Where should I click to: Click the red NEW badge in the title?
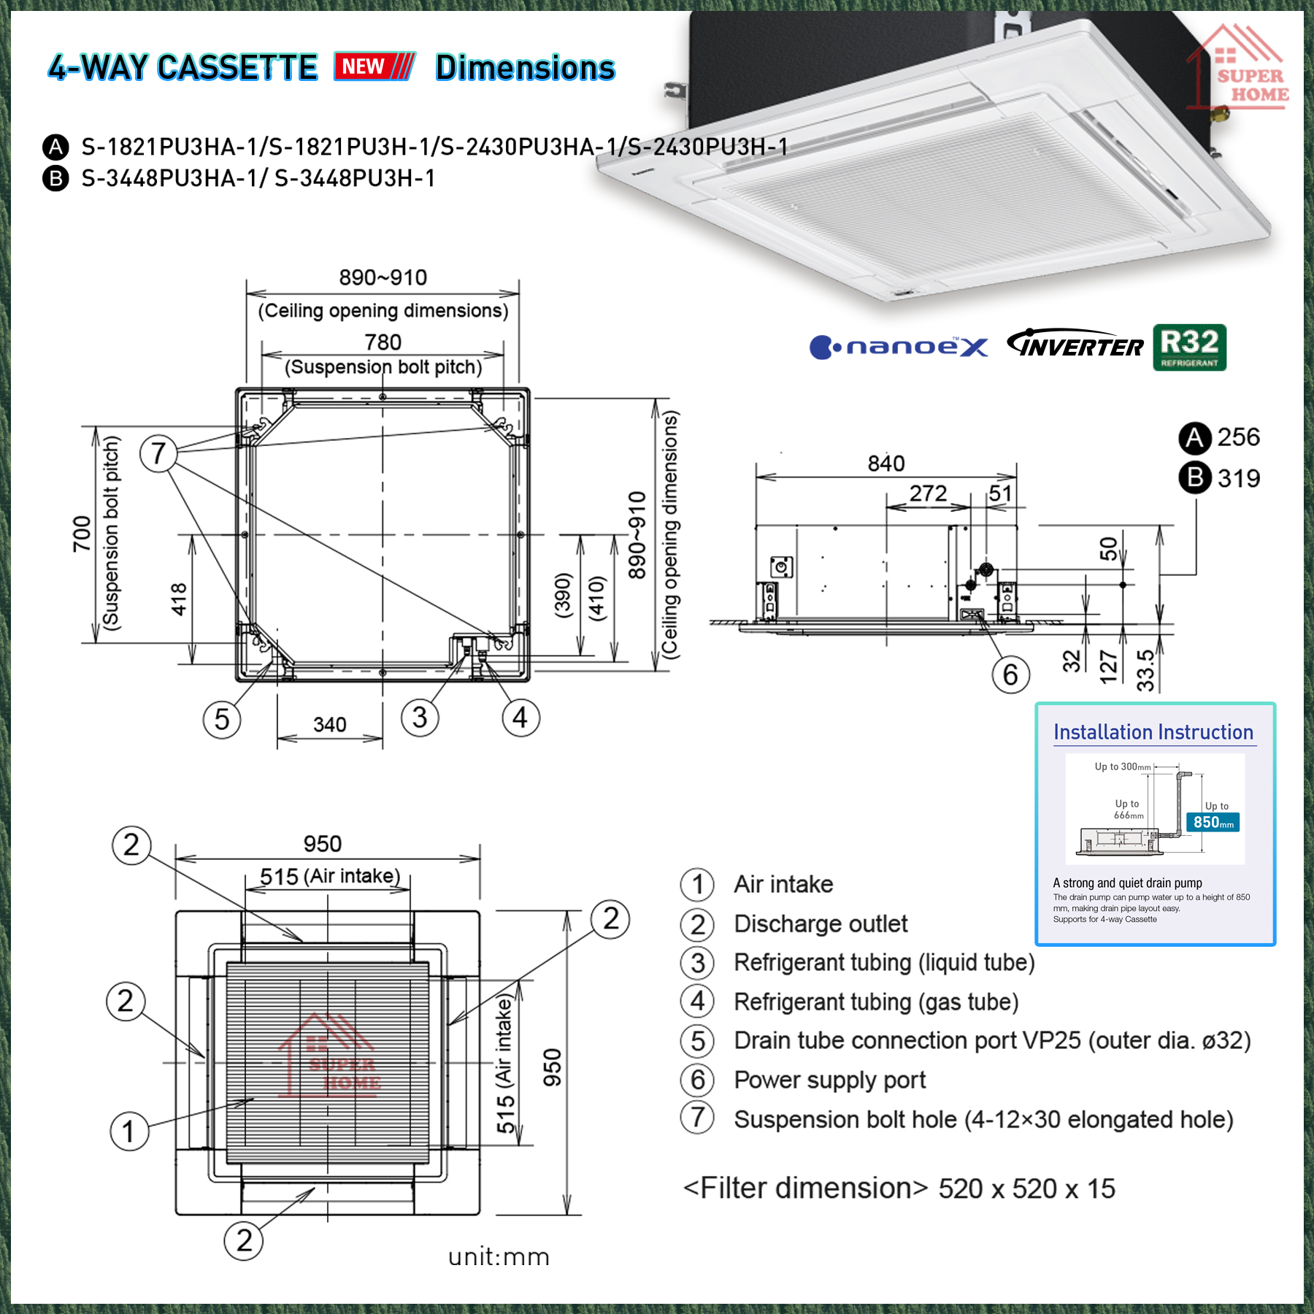(374, 66)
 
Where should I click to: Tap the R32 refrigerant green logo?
(1189, 347)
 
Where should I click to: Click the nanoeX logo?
(899, 347)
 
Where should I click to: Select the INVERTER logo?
(1075, 345)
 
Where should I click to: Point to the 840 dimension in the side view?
(885, 464)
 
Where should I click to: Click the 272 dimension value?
(928, 494)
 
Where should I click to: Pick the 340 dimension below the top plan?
(329, 725)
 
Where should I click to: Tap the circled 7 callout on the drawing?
(158, 453)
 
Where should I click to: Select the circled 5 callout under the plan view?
(222, 720)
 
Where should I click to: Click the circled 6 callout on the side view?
(1010, 675)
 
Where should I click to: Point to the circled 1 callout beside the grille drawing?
(129, 1131)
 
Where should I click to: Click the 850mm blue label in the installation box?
(1213, 823)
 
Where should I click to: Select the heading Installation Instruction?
(1153, 732)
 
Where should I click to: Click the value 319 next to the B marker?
(1238, 479)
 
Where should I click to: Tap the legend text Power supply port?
(829, 1080)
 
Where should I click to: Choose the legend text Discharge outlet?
(821, 924)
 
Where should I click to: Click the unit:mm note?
(499, 1257)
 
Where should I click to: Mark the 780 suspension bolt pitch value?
(383, 342)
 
